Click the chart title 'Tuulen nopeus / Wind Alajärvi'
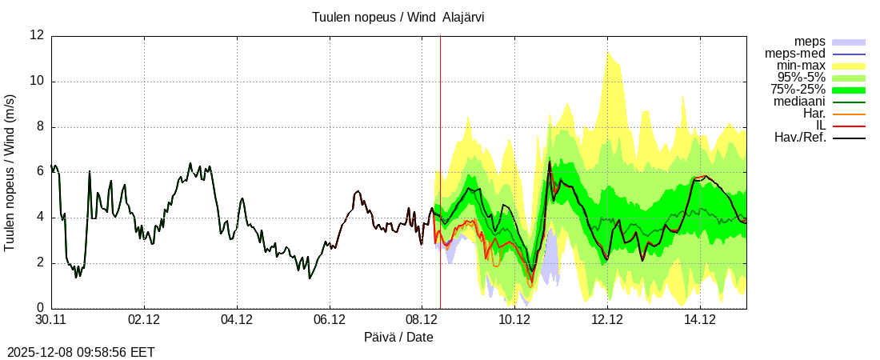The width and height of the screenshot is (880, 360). tap(398, 17)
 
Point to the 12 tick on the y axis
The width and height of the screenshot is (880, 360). tap(37, 35)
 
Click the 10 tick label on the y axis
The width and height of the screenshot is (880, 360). tap(37, 81)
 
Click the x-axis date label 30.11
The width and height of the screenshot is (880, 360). tap(52, 320)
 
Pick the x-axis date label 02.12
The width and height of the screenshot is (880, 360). tap(144, 320)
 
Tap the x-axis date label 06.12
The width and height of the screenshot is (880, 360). tap(330, 320)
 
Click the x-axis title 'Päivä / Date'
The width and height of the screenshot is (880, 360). tap(398, 338)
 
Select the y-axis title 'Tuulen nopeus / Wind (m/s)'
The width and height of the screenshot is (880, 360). tap(10, 172)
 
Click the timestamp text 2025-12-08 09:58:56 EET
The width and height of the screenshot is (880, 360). tap(81, 352)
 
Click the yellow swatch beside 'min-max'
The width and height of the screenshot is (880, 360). tap(849, 66)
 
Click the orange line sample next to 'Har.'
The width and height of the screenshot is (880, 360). tap(849, 114)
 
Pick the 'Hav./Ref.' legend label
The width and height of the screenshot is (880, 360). tap(800, 138)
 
